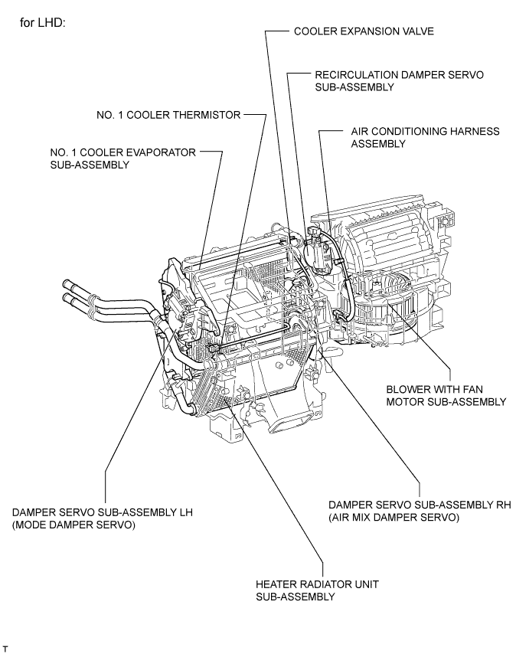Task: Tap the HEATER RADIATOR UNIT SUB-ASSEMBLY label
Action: [317, 590]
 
